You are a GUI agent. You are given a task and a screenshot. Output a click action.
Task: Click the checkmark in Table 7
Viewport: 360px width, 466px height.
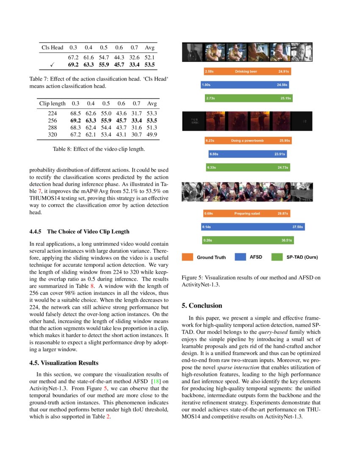[51, 65]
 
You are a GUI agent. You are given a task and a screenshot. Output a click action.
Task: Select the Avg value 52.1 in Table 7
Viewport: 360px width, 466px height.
[150, 57]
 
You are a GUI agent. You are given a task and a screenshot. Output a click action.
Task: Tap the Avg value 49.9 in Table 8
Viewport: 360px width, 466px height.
[152, 135]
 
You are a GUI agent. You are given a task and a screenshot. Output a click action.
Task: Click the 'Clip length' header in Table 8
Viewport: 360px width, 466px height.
[53, 103]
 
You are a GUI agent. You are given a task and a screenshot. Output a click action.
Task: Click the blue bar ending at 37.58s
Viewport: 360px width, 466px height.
[252, 227]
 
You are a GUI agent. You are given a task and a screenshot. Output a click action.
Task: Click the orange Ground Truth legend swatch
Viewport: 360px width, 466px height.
[188, 257]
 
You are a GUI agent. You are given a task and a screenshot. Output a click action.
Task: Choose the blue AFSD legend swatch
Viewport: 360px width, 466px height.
[240, 257]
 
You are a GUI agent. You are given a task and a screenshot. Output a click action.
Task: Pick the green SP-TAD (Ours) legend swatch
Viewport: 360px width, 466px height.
[277, 257]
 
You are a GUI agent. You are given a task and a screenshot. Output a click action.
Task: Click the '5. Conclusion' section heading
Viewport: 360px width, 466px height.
[202, 305]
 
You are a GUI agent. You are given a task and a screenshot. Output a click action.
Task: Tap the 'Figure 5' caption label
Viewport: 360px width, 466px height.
[193, 277]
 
